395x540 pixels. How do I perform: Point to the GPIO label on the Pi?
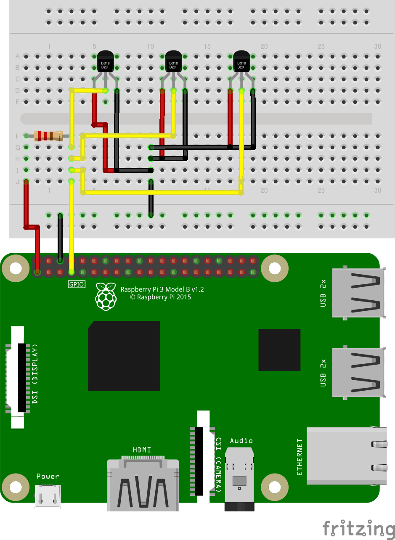pos(77,285)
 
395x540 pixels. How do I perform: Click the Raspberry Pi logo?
pos(106,296)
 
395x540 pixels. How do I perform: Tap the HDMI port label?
pos(142,450)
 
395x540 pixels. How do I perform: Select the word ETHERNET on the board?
pos(300,457)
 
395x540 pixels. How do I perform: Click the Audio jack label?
pos(241,441)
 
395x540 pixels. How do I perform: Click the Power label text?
pos(48,476)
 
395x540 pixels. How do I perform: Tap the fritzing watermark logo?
pos(358,529)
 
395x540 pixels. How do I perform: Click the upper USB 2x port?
pos(358,292)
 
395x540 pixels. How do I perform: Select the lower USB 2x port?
pos(358,372)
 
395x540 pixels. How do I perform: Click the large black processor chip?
pos(124,356)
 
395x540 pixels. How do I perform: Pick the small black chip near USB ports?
pos(279,350)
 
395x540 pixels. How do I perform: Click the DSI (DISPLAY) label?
pos(35,374)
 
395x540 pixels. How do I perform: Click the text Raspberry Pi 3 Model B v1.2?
pos(162,289)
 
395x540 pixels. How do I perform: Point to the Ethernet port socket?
pos(347,456)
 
